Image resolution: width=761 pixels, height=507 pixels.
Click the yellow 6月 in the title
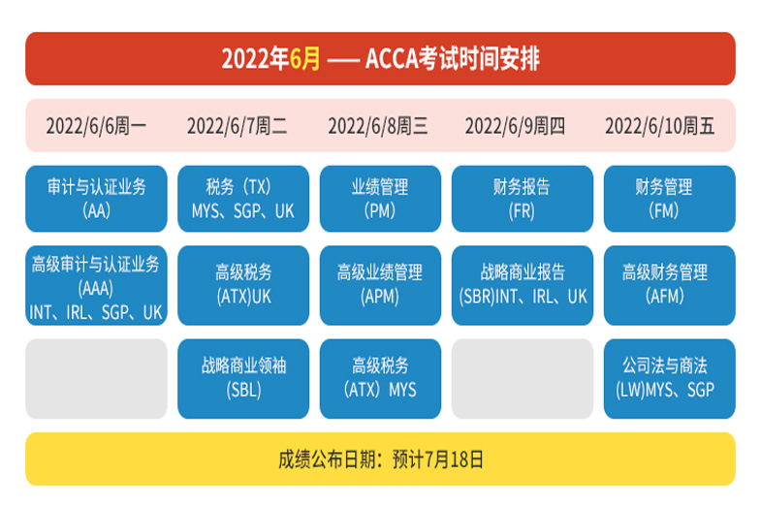pos(304,59)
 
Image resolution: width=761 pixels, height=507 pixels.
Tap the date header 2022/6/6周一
pos(96,126)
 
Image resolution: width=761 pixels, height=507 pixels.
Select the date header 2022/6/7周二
pos(237,126)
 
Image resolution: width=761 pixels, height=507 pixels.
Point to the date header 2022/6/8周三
pos(378,126)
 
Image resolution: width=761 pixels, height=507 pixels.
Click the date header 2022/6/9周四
pos(515,126)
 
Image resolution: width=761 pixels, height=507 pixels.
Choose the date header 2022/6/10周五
pos(659,126)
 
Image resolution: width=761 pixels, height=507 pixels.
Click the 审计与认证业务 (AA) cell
pos(96,199)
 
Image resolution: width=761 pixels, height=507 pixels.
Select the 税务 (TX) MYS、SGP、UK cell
pos(243,199)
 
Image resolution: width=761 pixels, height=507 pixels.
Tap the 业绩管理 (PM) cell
pos(380,199)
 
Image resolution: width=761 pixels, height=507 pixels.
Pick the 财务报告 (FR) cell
pos(523,199)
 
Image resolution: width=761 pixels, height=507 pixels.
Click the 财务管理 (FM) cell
pos(669,199)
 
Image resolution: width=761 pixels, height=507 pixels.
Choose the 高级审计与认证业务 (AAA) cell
pos(96,285)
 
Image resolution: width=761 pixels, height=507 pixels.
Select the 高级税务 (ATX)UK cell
pos(243,285)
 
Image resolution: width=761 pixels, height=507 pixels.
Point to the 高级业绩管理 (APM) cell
pos(380,285)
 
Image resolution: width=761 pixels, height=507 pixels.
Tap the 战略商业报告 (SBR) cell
pos(523,285)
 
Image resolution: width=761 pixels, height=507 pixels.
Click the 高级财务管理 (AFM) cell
pos(669,285)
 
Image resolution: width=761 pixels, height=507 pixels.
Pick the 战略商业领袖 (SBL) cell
pos(243,378)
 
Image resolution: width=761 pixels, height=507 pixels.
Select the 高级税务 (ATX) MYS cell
pos(380,378)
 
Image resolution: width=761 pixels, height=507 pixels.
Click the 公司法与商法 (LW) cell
pos(669,378)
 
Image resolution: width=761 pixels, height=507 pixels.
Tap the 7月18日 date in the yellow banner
pos(454,459)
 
